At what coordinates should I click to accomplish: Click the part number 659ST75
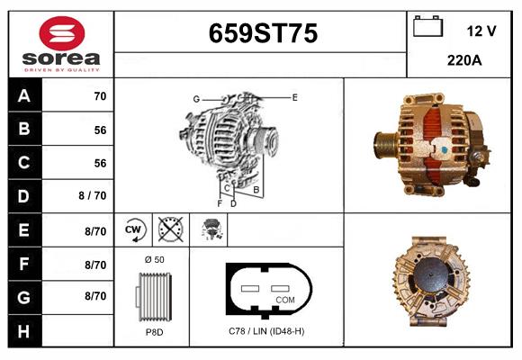click(x=263, y=34)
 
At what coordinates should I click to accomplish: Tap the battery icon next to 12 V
click(x=427, y=28)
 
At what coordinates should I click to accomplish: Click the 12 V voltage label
click(x=481, y=31)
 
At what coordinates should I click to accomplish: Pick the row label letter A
click(x=24, y=95)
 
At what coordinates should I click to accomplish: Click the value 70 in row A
click(x=100, y=95)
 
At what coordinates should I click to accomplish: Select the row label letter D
click(x=24, y=196)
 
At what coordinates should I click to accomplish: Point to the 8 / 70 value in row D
click(x=93, y=196)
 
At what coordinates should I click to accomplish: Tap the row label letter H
click(x=24, y=331)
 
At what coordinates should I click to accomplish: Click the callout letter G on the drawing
click(x=195, y=98)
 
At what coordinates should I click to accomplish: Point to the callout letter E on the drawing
click(x=294, y=96)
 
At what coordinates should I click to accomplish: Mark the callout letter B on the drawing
click(x=256, y=190)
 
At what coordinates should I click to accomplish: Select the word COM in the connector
click(x=284, y=300)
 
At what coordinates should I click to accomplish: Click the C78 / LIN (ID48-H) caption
click(x=266, y=332)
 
